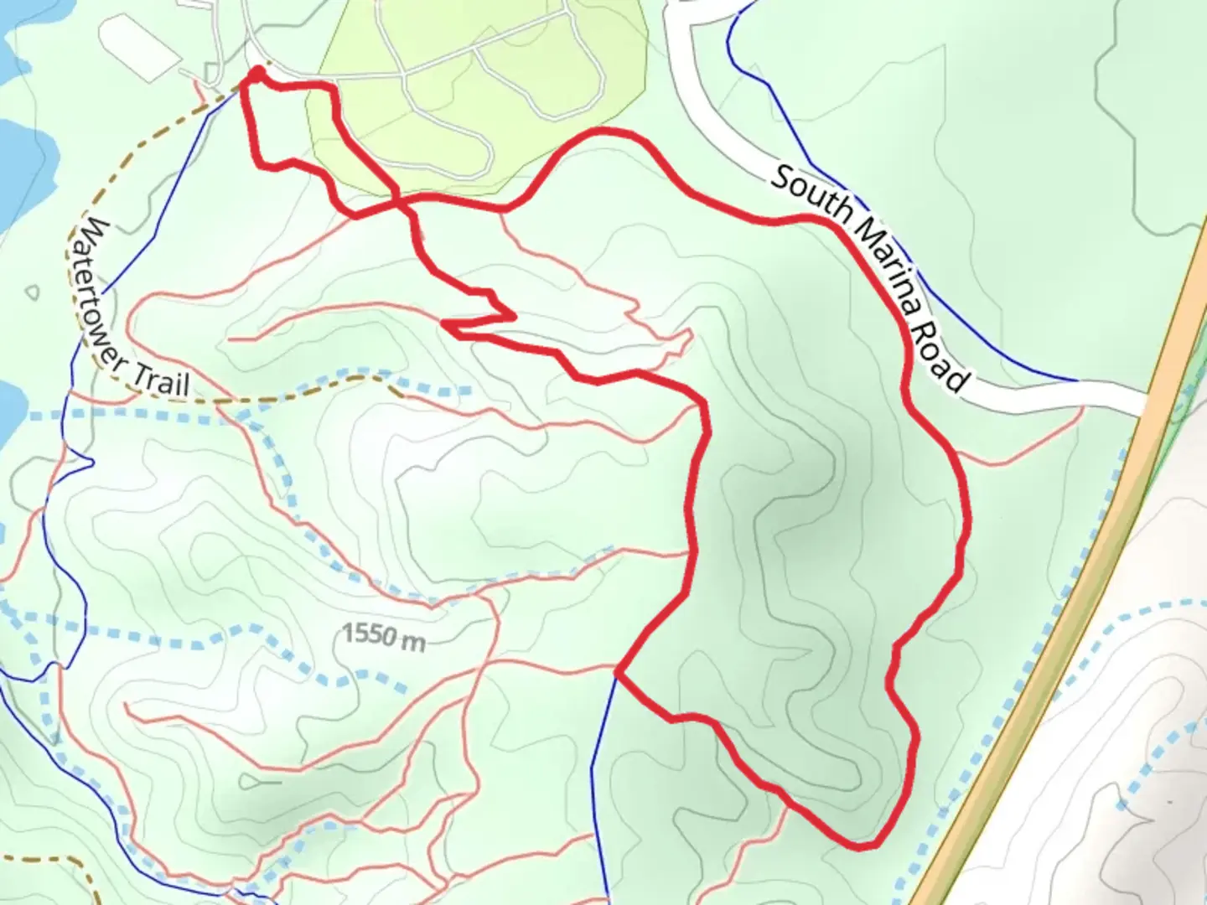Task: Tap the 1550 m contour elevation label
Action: coord(384,636)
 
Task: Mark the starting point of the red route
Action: coord(256,76)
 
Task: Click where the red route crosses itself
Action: coord(401,201)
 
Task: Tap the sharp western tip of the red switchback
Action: coord(444,323)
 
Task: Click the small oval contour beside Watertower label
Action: coord(33,292)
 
